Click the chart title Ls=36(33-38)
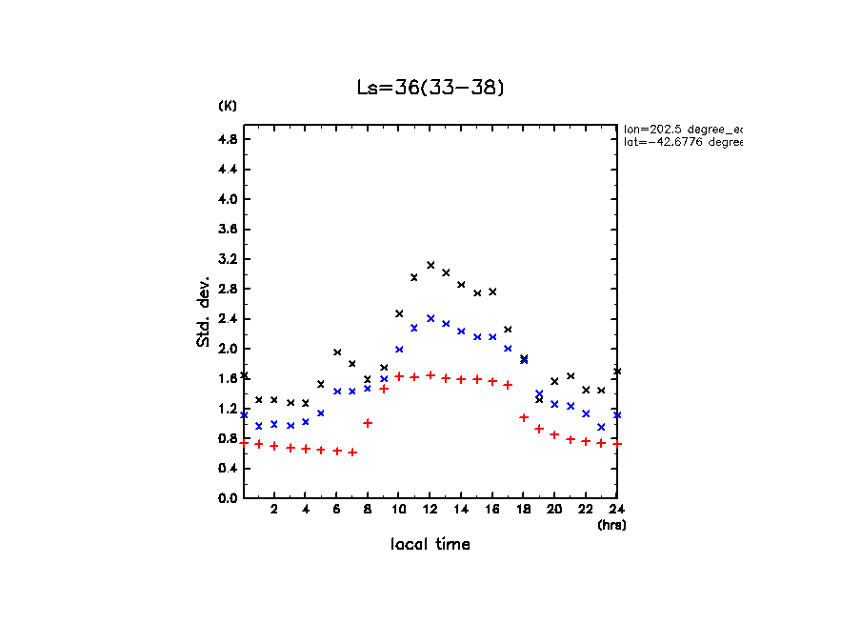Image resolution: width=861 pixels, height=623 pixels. [x=430, y=88]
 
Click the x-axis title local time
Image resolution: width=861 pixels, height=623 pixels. [x=430, y=545]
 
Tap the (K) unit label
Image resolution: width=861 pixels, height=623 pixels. [x=228, y=105]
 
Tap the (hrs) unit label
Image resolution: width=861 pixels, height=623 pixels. [x=611, y=525]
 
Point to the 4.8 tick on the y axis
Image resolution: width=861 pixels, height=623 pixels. [x=228, y=139]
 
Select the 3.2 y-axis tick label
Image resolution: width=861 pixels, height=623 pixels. [x=228, y=259]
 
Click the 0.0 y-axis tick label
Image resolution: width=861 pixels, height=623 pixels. [x=228, y=497]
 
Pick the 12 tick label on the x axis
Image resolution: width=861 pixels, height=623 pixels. [x=430, y=510]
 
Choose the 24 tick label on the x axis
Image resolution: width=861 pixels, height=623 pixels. [x=617, y=510]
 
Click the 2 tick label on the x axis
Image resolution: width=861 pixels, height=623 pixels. [x=274, y=510]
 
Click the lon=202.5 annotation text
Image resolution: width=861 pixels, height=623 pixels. [x=682, y=128]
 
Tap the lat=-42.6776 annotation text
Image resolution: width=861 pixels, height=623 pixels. [x=682, y=142]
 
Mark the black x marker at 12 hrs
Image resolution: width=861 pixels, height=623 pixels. [x=430, y=265]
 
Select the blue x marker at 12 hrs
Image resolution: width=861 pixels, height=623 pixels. [x=430, y=318]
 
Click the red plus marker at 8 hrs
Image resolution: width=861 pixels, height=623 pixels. [x=368, y=423]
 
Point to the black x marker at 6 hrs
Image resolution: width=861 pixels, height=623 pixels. [x=337, y=352]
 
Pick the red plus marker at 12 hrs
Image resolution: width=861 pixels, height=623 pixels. [x=430, y=375]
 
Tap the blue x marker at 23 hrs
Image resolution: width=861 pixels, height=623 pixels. [x=601, y=427]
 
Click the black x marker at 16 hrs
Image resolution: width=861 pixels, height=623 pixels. [x=492, y=291]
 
